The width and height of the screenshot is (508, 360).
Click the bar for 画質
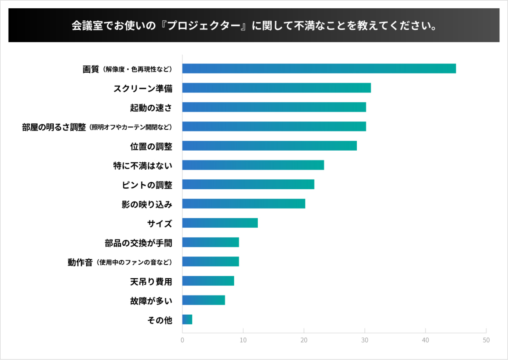pyautogui.click(x=319, y=69)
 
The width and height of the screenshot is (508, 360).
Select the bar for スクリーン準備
pyautogui.click(x=276, y=88)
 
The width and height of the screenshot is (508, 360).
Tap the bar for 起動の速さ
pyautogui.click(x=274, y=107)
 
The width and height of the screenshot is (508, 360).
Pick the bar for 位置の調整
pyautogui.click(x=269, y=146)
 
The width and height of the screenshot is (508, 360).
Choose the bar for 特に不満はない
pyautogui.click(x=253, y=165)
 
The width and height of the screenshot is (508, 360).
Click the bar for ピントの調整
pyautogui.click(x=248, y=185)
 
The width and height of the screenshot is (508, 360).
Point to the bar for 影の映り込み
pyautogui.click(x=244, y=204)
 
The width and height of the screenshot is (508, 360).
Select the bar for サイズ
pyautogui.click(x=220, y=223)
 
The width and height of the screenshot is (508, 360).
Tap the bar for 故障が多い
pyautogui.click(x=204, y=300)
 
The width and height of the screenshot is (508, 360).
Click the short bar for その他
pyautogui.click(x=187, y=320)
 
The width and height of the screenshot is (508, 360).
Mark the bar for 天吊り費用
pyautogui.click(x=208, y=281)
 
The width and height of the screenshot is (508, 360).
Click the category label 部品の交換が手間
pyautogui.click(x=138, y=243)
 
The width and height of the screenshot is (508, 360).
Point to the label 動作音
pyautogui.click(x=80, y=262)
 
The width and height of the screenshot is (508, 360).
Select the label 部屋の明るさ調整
pyautogui.click(x=54, y=127)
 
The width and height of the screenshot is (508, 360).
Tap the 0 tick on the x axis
pyautogui.click(x=182, y=340)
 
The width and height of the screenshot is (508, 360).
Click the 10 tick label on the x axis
pyautogui.click(x=243, y=340)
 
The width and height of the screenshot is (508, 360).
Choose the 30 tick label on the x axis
pyautogui.click(x=364, y=340)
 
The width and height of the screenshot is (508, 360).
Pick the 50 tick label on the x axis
pyautogui.click(x=486, y=340)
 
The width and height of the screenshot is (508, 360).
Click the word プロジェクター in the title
pyautogui.click(x=204, y=25)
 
